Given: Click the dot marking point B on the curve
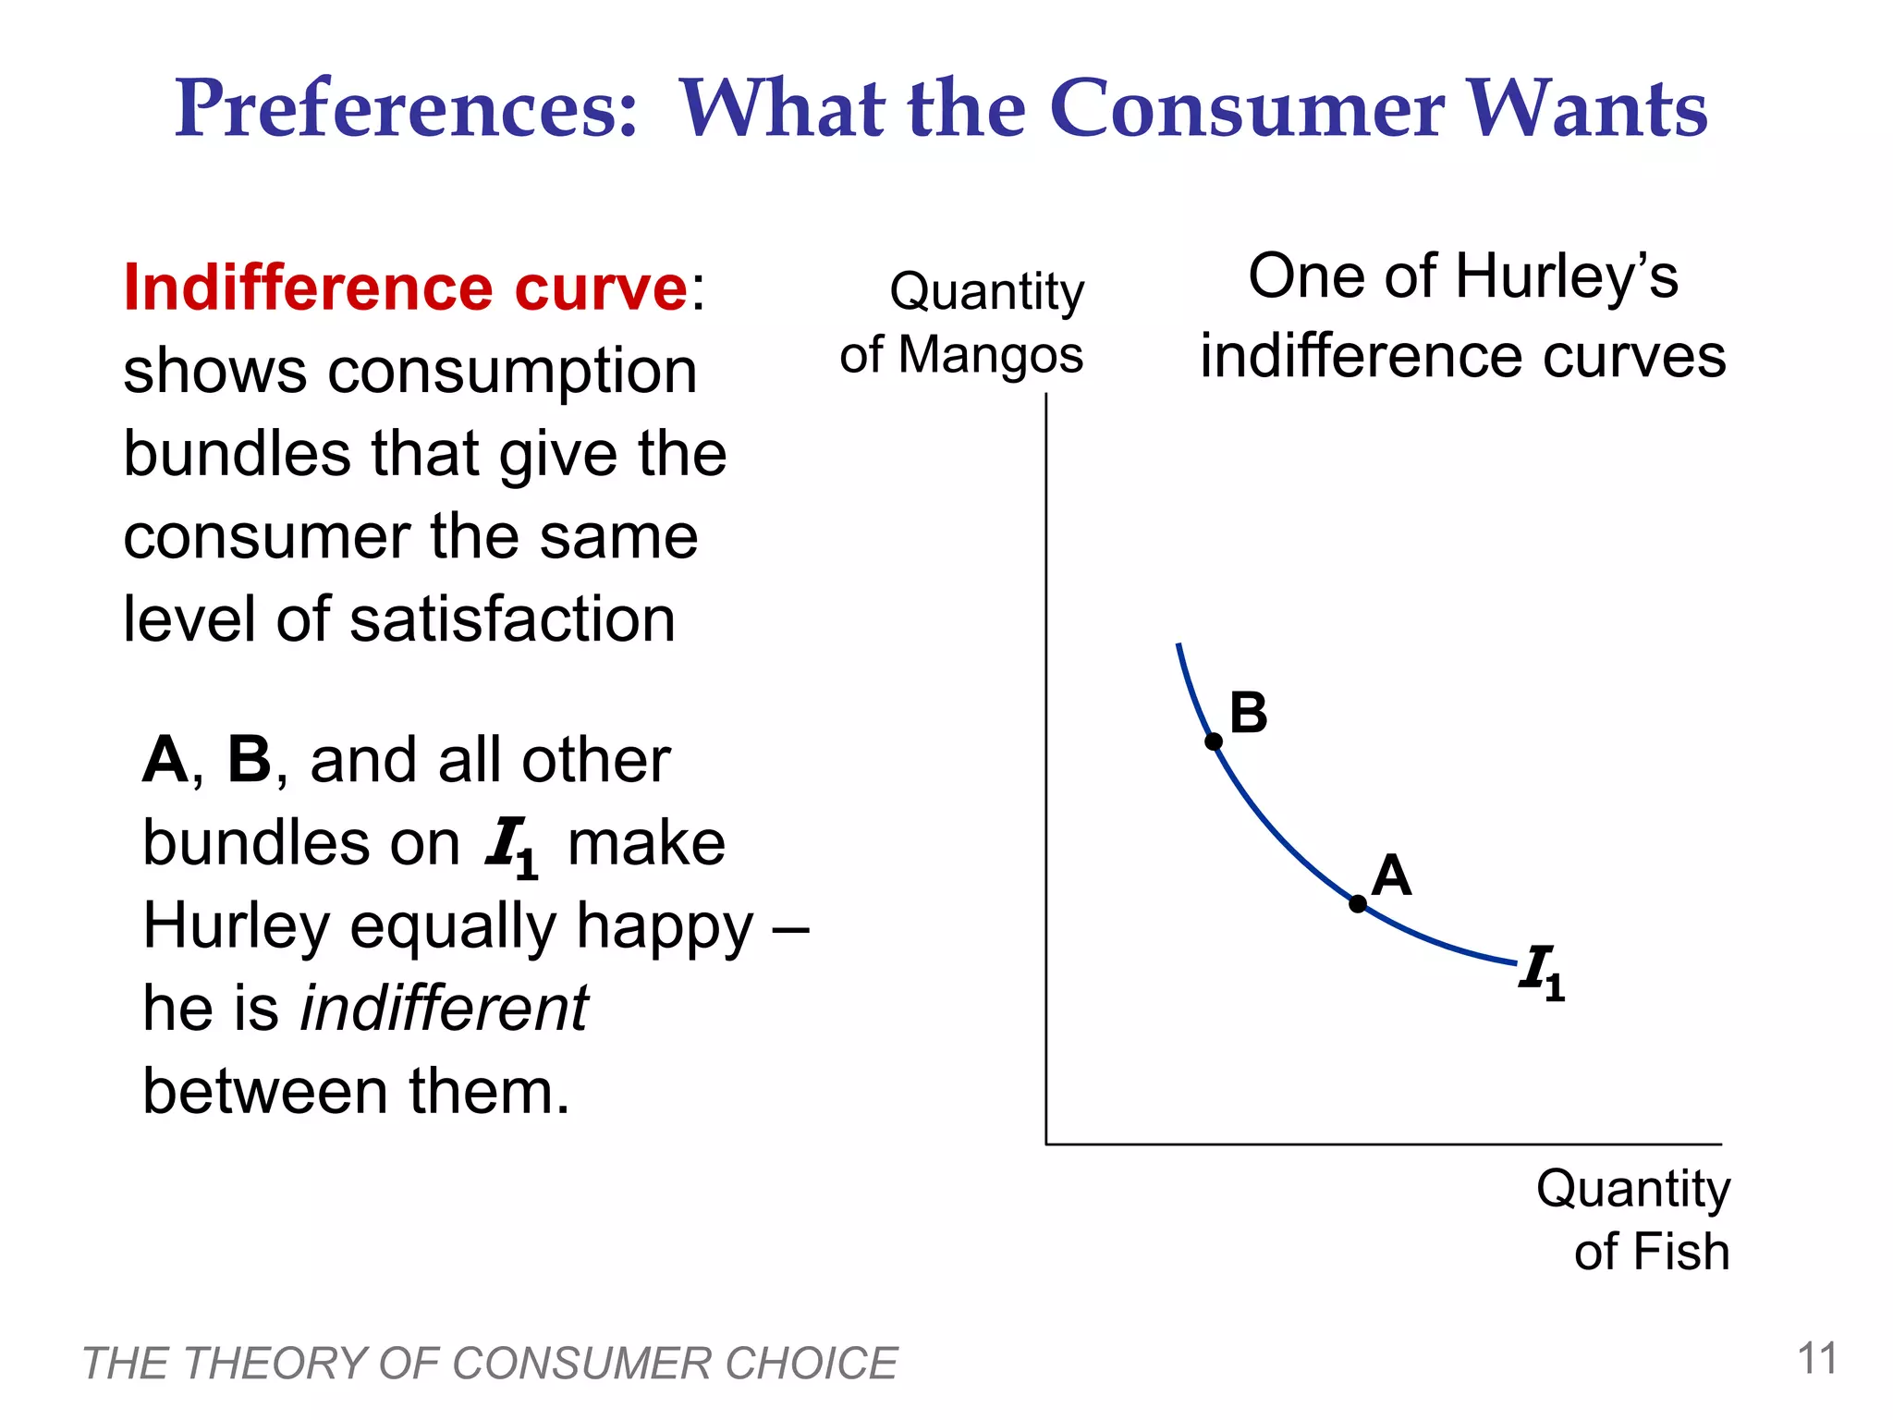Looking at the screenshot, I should coord(1214,741).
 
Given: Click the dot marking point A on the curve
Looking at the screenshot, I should coord(1357,904).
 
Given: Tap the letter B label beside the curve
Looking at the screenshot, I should coord(1248,713).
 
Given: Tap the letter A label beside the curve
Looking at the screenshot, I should coord(1391,875).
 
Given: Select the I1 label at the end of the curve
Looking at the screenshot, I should coord(1540,972).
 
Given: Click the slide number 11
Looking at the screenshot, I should coord(1817,1359).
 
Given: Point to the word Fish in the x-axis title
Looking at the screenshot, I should coord(1681,1253).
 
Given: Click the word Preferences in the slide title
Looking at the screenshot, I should coord(406,109).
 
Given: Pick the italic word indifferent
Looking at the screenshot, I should coord(445,1009).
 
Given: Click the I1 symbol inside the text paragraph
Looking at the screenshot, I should coord(511,846).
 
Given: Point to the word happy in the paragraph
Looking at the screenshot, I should coord(665,927).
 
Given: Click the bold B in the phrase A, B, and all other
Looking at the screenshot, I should coord(249,760).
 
